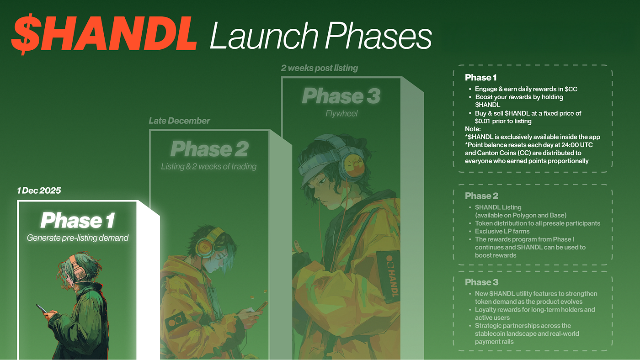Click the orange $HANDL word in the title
pos(104,34)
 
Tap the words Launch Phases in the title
pos(320,36)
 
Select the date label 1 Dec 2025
pos(39,191)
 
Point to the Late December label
pos(179,121)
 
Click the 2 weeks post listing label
pos(319,68)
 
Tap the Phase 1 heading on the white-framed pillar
pos(78,220)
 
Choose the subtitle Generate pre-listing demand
pos(77,238)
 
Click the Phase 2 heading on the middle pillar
pos(209,149)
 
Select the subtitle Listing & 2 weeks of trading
pos(208,166)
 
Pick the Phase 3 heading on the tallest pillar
pos(341,95)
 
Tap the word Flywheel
pos(341,114)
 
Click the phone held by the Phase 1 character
pos(42,309)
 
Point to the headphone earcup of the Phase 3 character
pos(352,165)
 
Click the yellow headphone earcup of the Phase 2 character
pos(205,246)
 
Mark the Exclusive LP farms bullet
pos(502,231)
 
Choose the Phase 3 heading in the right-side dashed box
pos(482,282)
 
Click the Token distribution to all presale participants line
pos(538,223)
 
